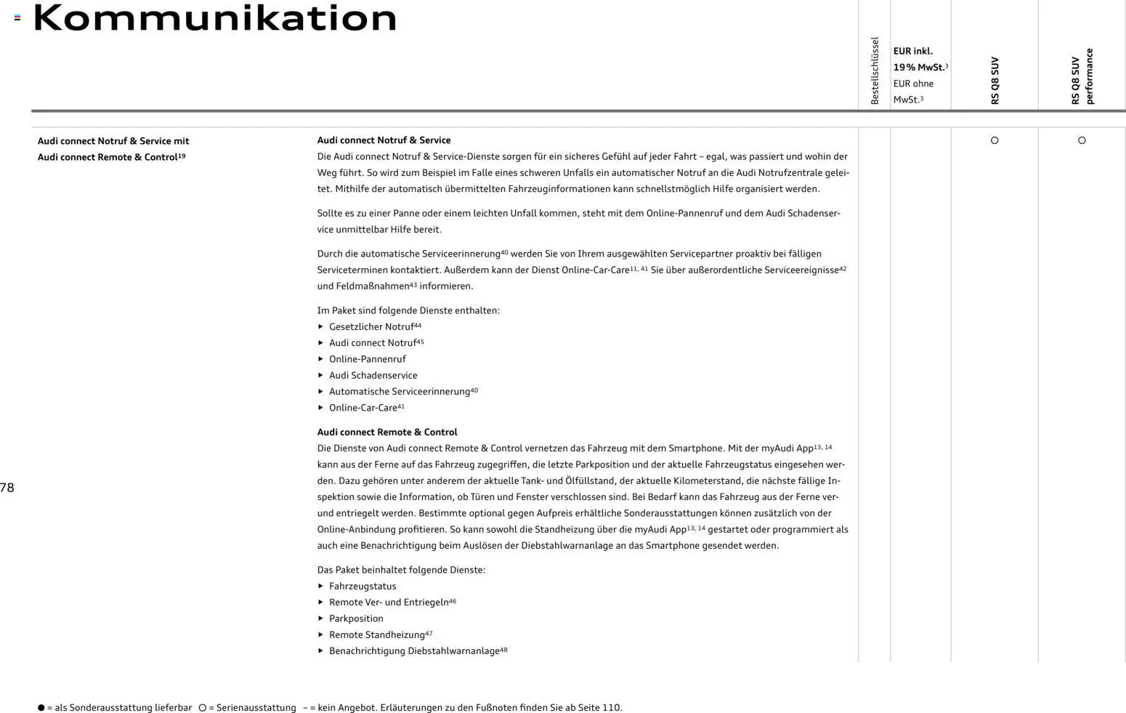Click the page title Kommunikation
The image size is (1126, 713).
click(x=215, y=19)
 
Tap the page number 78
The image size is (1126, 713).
click(x=7, y=488)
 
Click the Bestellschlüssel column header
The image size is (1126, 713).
click(x=875, y=71)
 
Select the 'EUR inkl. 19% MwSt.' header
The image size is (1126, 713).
click(x=920, y=59)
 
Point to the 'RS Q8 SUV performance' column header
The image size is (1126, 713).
click(x=1082, y=76)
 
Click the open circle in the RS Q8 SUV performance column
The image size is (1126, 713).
click(x=1082, y=140)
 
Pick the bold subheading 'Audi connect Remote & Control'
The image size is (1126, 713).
click(x=387, y=432)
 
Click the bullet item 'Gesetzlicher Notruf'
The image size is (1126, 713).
click(x=371, y=327)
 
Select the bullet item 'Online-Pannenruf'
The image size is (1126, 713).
click(x=367, y=359)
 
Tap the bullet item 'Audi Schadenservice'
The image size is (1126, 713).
click(x=373, y=376)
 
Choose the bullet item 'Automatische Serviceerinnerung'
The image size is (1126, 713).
click(x=399, y=392)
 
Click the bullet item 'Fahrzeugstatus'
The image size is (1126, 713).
click(x=362, y=587)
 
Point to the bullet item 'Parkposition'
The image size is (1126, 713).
click(x=356, y=619)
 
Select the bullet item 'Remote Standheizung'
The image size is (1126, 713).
click(x=376, y=635)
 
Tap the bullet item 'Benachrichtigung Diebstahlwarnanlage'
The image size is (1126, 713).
click(x=414, y=651)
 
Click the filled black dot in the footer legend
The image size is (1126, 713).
click(x=41, y=708)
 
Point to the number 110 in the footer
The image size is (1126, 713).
click(x=611, y=708)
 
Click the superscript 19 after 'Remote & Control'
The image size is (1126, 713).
click(x=182, y=156)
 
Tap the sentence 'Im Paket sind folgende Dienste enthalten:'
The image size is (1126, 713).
click(x=408, y=310)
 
